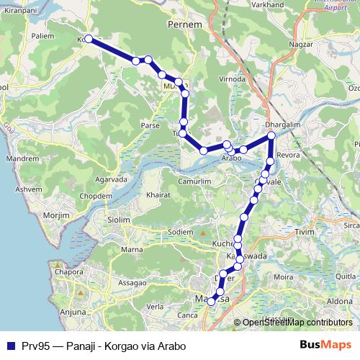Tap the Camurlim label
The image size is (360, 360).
click(194, 182)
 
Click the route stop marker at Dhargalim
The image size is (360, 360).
click(271, 135)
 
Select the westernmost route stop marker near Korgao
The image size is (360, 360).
click(89, 40)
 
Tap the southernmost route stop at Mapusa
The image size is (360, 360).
click(211, 302)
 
